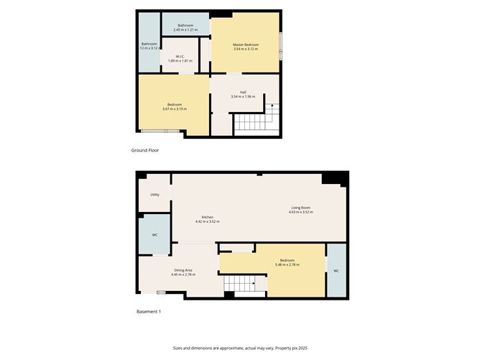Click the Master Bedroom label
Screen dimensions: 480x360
click(246, 45)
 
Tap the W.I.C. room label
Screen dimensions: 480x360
click(180, 56)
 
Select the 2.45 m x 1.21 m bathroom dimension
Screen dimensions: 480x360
click(185, 29)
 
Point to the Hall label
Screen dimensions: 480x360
click(243, 92)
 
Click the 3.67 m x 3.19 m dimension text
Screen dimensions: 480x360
click(175, 109)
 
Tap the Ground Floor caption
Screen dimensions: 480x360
click(145, 150)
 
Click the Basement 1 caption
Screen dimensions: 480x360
click(149, 312)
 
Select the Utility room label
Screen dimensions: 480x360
click(154, 195)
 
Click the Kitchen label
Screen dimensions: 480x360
click(208, 217)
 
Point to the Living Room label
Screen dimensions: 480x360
click(300, 208)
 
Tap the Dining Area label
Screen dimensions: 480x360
click(183, 270)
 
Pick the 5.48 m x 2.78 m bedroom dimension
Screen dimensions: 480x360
click(287, 265)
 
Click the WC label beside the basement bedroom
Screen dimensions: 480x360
click(336, 271)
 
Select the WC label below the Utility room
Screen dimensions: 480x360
click(154, 235)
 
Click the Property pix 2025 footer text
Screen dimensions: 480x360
click(291, 348)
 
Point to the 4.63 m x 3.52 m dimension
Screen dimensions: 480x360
click(301, 212)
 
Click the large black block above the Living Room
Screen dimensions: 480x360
click(335, 179)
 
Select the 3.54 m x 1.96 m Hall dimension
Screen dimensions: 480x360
click(243, 96)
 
